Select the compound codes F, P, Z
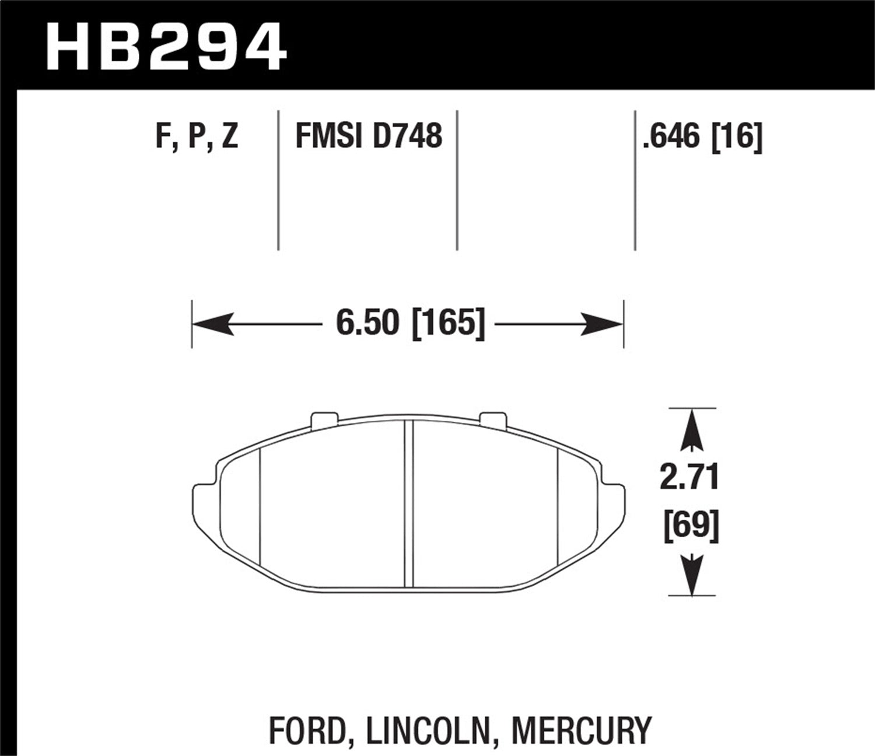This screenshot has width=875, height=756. tap(197, 136)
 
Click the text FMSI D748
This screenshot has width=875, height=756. tap(369, 136)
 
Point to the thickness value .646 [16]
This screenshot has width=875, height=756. tap(702, 136)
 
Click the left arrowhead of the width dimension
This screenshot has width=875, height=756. tap(213, 324)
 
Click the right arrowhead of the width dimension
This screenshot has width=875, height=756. tap(603, 324)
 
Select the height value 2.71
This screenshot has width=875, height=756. tap(689, 477)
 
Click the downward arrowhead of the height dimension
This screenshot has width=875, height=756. tap(691, 575)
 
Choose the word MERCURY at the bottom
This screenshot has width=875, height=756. tap(580, 730)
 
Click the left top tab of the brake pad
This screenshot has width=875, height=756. tap(325, 420)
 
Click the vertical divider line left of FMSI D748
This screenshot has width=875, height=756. tap(278, 181)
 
